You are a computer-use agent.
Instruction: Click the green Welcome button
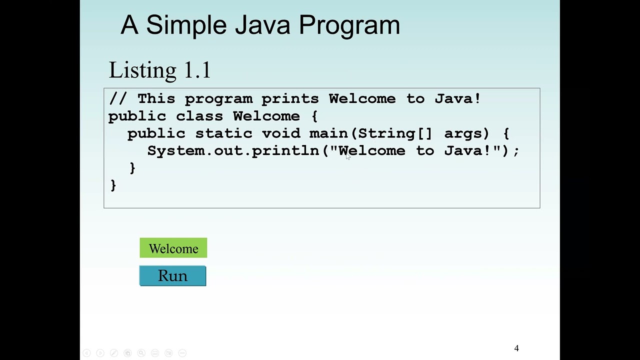(x=173, y=248)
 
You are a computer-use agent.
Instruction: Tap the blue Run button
(x=172, y=276)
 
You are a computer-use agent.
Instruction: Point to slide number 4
(x=516, y=348)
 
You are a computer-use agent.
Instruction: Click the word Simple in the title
(x=186, y=25)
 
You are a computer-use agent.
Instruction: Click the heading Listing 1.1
(x=159, y=70)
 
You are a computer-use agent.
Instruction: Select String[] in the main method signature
(x=394, y=133)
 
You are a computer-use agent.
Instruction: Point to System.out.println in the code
(x=233, y=151)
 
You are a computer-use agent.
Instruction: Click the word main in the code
(x=328, y=133)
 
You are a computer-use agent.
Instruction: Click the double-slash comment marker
(x=117, y=98)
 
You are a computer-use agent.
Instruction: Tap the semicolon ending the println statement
(x=516, y=151)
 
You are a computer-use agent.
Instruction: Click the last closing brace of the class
(x=113, y=185)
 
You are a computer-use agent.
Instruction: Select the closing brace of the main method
(x=132, y=168)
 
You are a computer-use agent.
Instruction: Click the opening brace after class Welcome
(x=314, y=116)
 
